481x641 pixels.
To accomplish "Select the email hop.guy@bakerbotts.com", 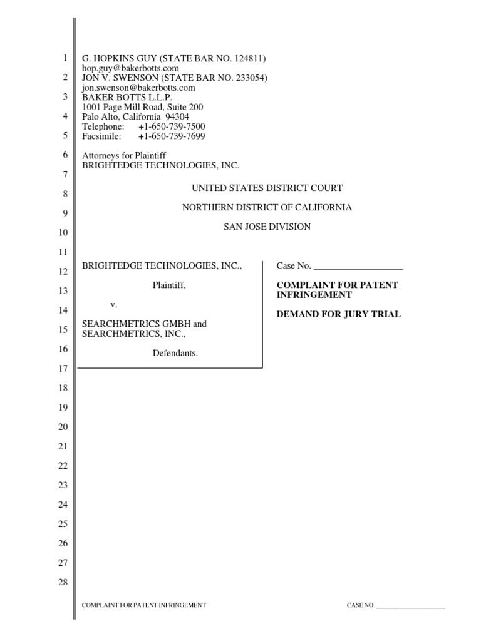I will click(131, 68).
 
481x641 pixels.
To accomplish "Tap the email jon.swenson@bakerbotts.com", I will click(138, 88).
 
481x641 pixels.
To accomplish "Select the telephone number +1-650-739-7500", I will click(172, 126).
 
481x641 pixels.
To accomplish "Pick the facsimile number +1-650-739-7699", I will click(172, 136).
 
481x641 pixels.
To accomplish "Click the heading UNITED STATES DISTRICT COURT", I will click(267, 188).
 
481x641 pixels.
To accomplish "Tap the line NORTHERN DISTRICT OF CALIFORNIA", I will click(267, 207).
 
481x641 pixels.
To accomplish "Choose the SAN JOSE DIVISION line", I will click(267, 227).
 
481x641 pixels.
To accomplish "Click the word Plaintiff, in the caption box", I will click(169, 285).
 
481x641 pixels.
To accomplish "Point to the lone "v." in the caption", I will click(114, 305).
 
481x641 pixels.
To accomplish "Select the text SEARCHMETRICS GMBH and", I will click(145, 324).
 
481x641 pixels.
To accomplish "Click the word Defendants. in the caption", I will click(175, 354).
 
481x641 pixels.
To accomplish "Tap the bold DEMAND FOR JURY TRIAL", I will click(339, 314).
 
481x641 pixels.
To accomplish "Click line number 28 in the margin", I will click(62, 583).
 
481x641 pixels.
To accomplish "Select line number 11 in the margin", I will click(62, 252).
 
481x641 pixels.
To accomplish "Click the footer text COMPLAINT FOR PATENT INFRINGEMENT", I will click(144, 605).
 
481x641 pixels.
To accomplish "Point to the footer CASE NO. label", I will click(361, 606).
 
